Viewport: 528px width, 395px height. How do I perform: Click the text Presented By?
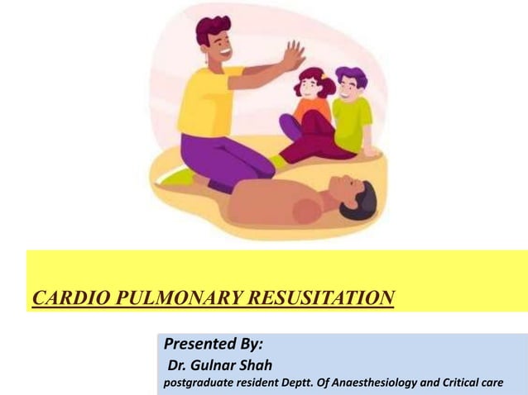[214, 344]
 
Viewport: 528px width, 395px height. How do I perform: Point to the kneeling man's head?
[215, 39]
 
